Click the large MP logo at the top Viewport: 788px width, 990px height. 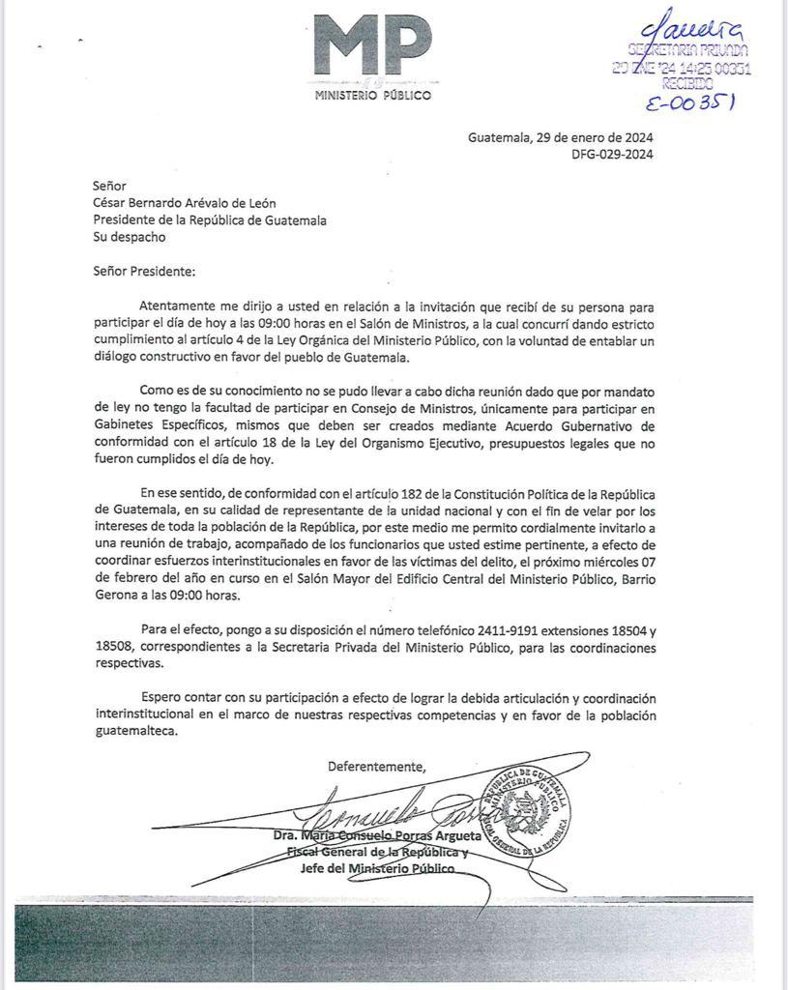click(x=372, y=48)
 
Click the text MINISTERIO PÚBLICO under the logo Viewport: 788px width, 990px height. click(x=373, y=95)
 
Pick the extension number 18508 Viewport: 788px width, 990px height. click(x=113, y=648)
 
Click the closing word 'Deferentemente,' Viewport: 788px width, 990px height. click(x=376, y=767)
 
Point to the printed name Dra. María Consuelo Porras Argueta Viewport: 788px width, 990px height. click(x=383, y=834)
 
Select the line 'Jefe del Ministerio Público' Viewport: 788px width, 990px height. click(x=377, y=868)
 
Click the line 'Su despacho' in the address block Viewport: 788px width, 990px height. click(x=129, y=236)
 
